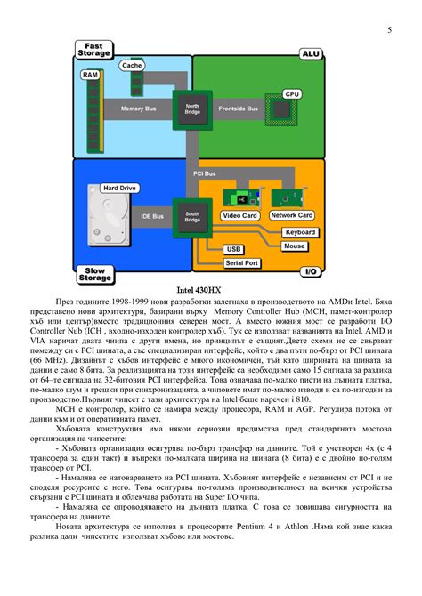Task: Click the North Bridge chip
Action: coord(192,109)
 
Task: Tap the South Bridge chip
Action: coord(192,216)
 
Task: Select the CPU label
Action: coord(292,93)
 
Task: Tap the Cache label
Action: coord(132,66)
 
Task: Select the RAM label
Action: coord(90,76)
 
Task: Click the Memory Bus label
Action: coord(138,109)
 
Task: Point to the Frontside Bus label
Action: coord(239,109)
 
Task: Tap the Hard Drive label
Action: coord(119,189)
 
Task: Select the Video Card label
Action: coord(239,216)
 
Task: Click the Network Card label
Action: coord(291,215)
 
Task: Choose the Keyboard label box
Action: coord(299,232)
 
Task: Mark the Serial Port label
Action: coord(241,263)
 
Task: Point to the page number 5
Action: coord(389,31)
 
